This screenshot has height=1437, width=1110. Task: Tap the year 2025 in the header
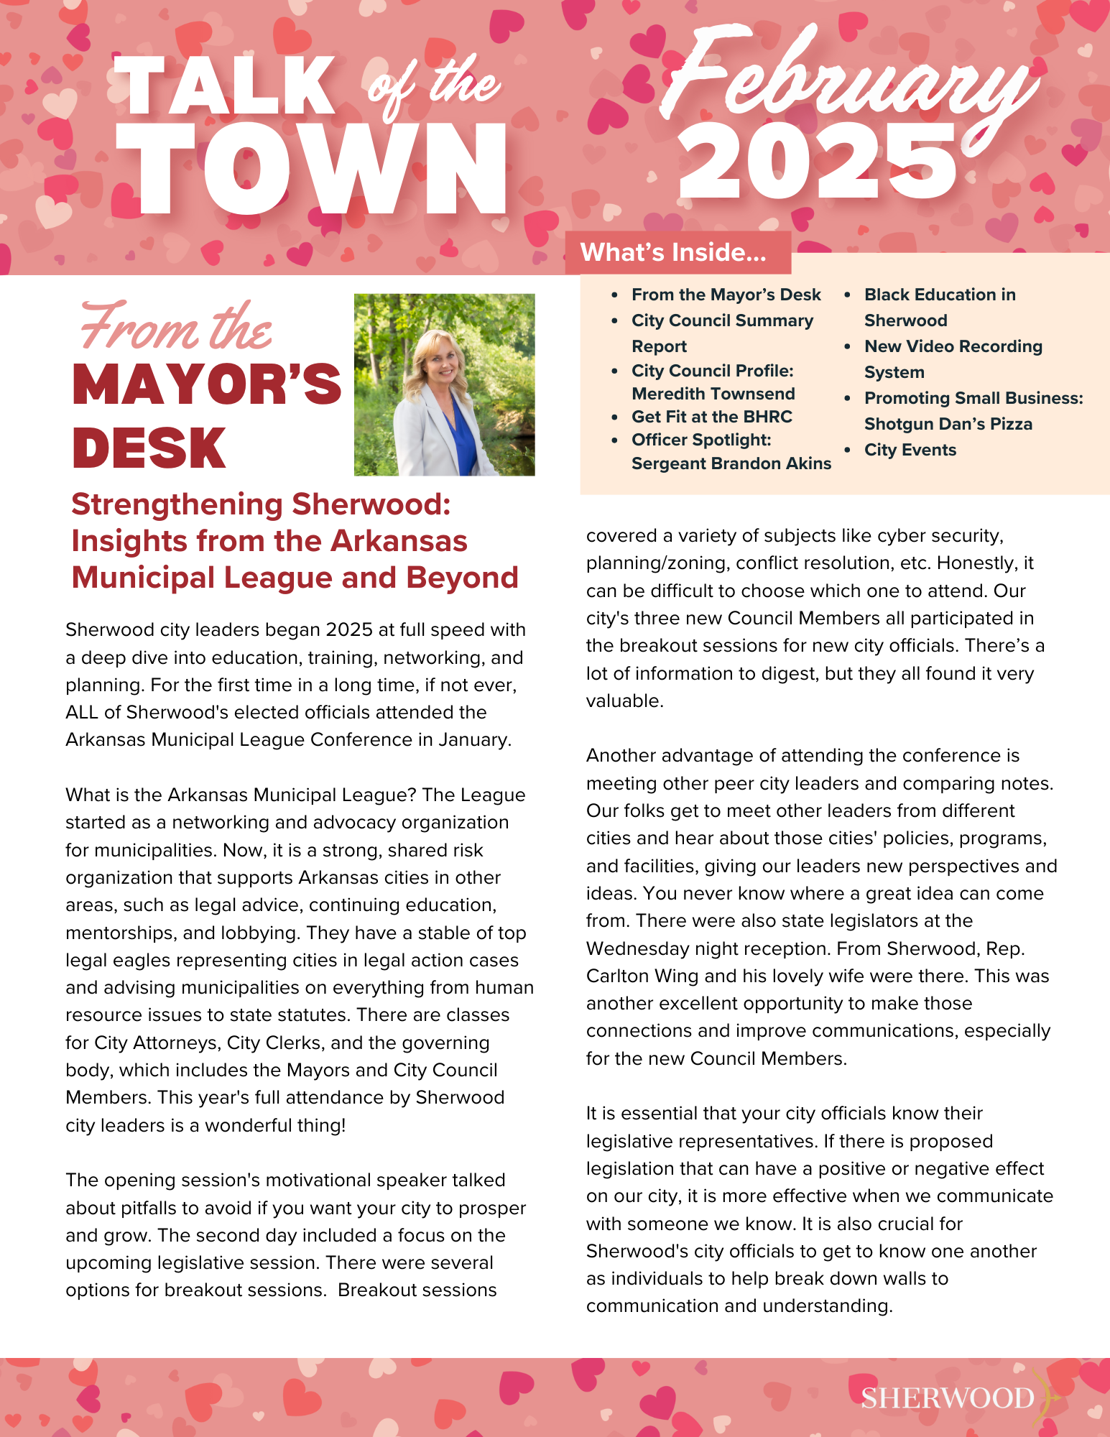coord(817,162)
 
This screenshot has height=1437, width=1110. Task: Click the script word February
coord(848,83)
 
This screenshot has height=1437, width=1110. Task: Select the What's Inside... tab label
coord(673,252)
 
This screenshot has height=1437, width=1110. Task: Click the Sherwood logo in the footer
coord(948,1397)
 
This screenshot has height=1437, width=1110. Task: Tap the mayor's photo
coord(444,384)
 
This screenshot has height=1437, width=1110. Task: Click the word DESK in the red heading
coord(149,448)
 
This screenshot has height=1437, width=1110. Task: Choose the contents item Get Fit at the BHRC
coord(711,417)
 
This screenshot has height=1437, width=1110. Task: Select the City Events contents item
coord(910,450)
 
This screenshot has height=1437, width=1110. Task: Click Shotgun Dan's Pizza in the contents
coord(948,424)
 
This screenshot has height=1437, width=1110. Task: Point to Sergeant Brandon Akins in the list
coord(731,463)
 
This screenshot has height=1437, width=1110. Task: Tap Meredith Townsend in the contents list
coord(713,394)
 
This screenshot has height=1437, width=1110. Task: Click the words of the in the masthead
coord(434,86)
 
